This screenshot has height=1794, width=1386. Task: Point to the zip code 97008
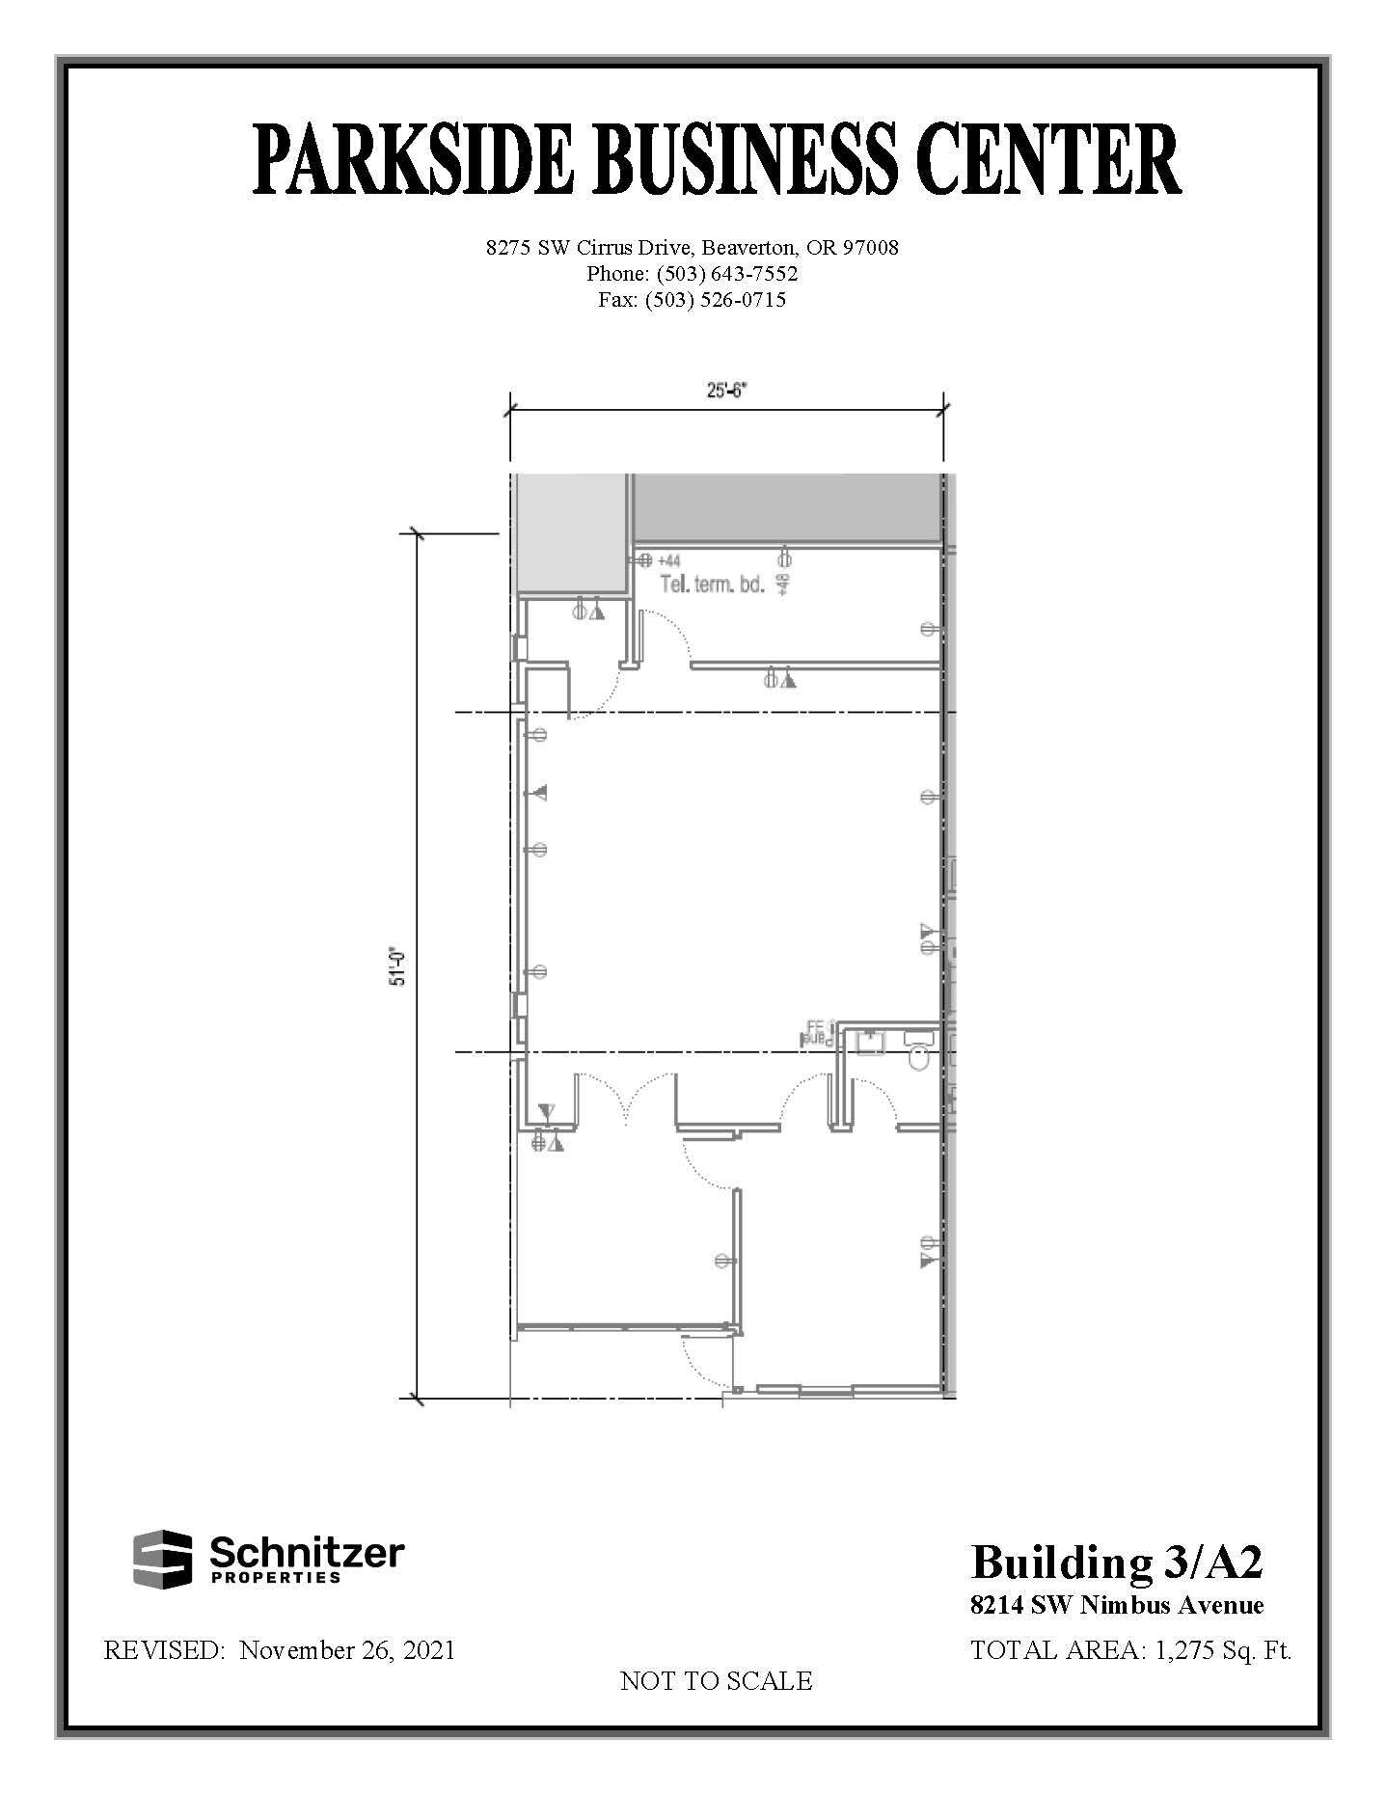(x=870, y=248)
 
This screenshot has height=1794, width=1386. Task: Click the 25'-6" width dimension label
(x=726, y=392)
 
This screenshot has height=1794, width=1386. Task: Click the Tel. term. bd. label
(x=713, y=584)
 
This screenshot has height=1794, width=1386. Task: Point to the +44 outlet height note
(x=669, y=560)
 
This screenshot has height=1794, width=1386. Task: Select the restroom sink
(x=872, y=1043)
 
